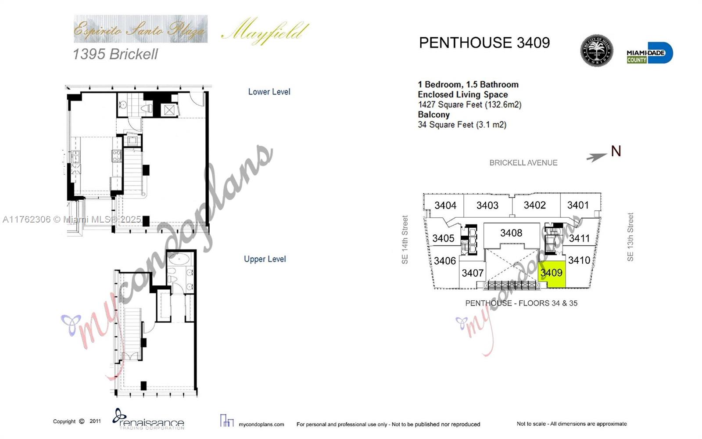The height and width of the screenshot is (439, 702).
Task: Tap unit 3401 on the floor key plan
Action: (578, 205)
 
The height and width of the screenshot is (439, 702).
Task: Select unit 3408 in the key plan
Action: (511, 233)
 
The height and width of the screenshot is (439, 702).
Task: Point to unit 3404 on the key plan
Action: (445, 205)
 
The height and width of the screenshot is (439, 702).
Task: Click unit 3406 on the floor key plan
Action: (444, 261)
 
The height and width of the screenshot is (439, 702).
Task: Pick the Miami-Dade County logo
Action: (649, 54)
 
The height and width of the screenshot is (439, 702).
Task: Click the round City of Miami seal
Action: (596, 51)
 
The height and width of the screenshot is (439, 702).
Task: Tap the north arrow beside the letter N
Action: (597, 157)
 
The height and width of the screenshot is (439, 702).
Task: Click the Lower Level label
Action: (269, 92)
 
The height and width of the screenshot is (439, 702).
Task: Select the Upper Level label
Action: (265, 259)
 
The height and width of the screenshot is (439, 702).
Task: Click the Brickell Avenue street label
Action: (523, 163)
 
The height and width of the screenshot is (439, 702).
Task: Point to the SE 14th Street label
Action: (405, 240)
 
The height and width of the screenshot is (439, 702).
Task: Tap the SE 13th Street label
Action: (630, 237)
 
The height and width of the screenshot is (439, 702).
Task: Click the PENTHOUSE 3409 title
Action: (484, 43)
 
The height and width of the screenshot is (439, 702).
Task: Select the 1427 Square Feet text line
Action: (469, 104)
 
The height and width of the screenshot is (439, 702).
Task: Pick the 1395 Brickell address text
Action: (115, 54)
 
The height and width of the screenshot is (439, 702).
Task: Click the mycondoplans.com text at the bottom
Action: (261, 425)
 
